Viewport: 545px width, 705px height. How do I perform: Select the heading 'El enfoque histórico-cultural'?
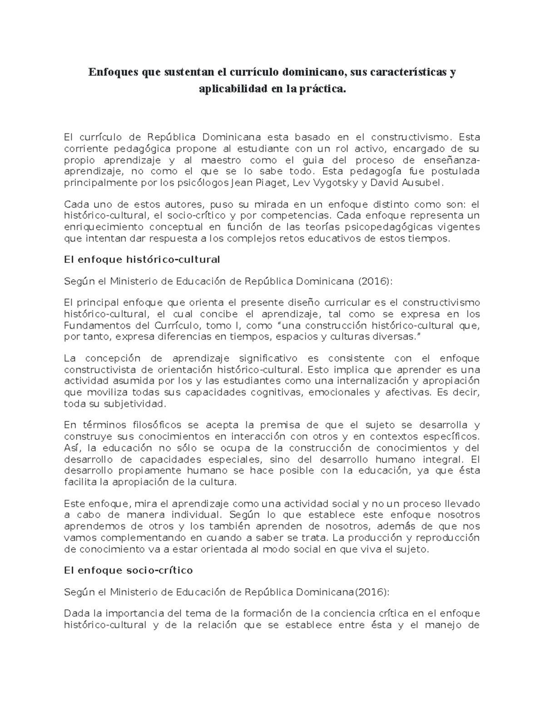pyautogui.click(x=142, y=259)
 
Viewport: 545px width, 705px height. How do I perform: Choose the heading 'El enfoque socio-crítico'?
pyautogui.click(x=129, y=570)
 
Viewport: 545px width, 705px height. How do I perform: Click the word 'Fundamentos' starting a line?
pyautogui.click(x=93, y=325)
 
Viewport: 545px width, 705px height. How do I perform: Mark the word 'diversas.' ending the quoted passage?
pyautogui.click(x=396, y=337)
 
